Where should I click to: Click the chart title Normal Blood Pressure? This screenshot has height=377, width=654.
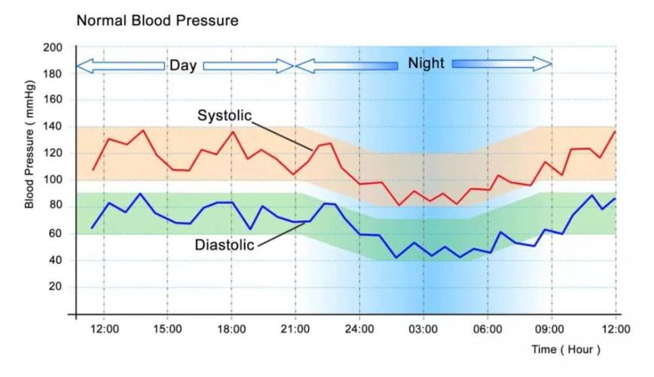click(157, 20)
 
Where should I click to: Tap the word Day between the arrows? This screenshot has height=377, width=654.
click(183, 66)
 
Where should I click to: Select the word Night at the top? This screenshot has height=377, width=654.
click(426, 64)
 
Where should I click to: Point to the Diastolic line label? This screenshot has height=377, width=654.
click(225, 245)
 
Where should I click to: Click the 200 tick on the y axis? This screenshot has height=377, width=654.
click(52, 48)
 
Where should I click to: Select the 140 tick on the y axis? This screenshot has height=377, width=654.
click(52, 127)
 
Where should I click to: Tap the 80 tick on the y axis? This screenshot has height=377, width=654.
click(54, 207)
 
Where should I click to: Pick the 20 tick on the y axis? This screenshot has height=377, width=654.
click(54, 287)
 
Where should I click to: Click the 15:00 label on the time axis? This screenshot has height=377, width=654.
click(167, 329)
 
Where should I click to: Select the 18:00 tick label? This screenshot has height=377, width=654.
click(231, 329)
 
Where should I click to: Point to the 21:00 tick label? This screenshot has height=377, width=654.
click(295, 329)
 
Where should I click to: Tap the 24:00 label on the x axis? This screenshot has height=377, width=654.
click(359, 329)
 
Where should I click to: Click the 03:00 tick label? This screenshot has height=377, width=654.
click(423, 329)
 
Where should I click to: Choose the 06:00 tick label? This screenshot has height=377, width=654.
click(487, 329)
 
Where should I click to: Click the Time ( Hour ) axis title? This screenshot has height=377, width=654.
click(566, 349)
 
